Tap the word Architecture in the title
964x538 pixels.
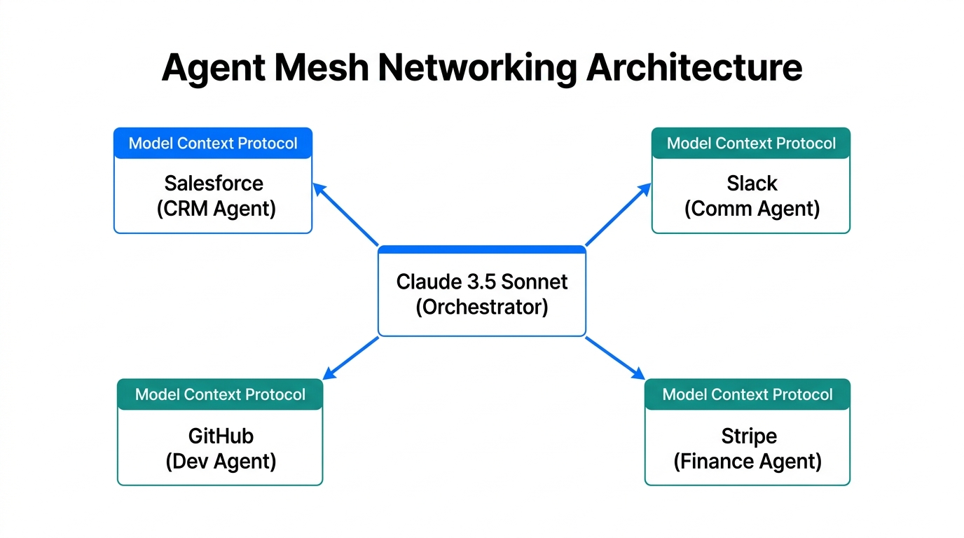click(x=694, y=68)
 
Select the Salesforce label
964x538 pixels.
click(x=214, y=184)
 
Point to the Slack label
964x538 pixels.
click(x=752, y=184)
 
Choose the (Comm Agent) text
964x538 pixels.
click(x=752, y=209)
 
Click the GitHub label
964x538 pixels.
click(x=221, y=436)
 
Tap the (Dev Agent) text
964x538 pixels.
click(x=221, y=461)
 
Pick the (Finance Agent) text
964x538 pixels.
click(x=748, y=461)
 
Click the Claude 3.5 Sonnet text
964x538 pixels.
click(x=482, y=282)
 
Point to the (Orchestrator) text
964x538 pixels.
click(x=482, y=307)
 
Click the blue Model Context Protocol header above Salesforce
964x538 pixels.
click(x=213, y=144)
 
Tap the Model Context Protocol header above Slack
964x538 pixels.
click(x=751, y=144)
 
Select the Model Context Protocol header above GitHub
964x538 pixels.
click(x=220, y=394)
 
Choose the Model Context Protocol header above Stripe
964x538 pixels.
click(x=748, y=394)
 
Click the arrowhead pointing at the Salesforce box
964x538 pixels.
click(x=319, y=188)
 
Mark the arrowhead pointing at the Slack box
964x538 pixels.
click(x=644, y=188)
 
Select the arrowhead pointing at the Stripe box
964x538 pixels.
click(x=638, y=374)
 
